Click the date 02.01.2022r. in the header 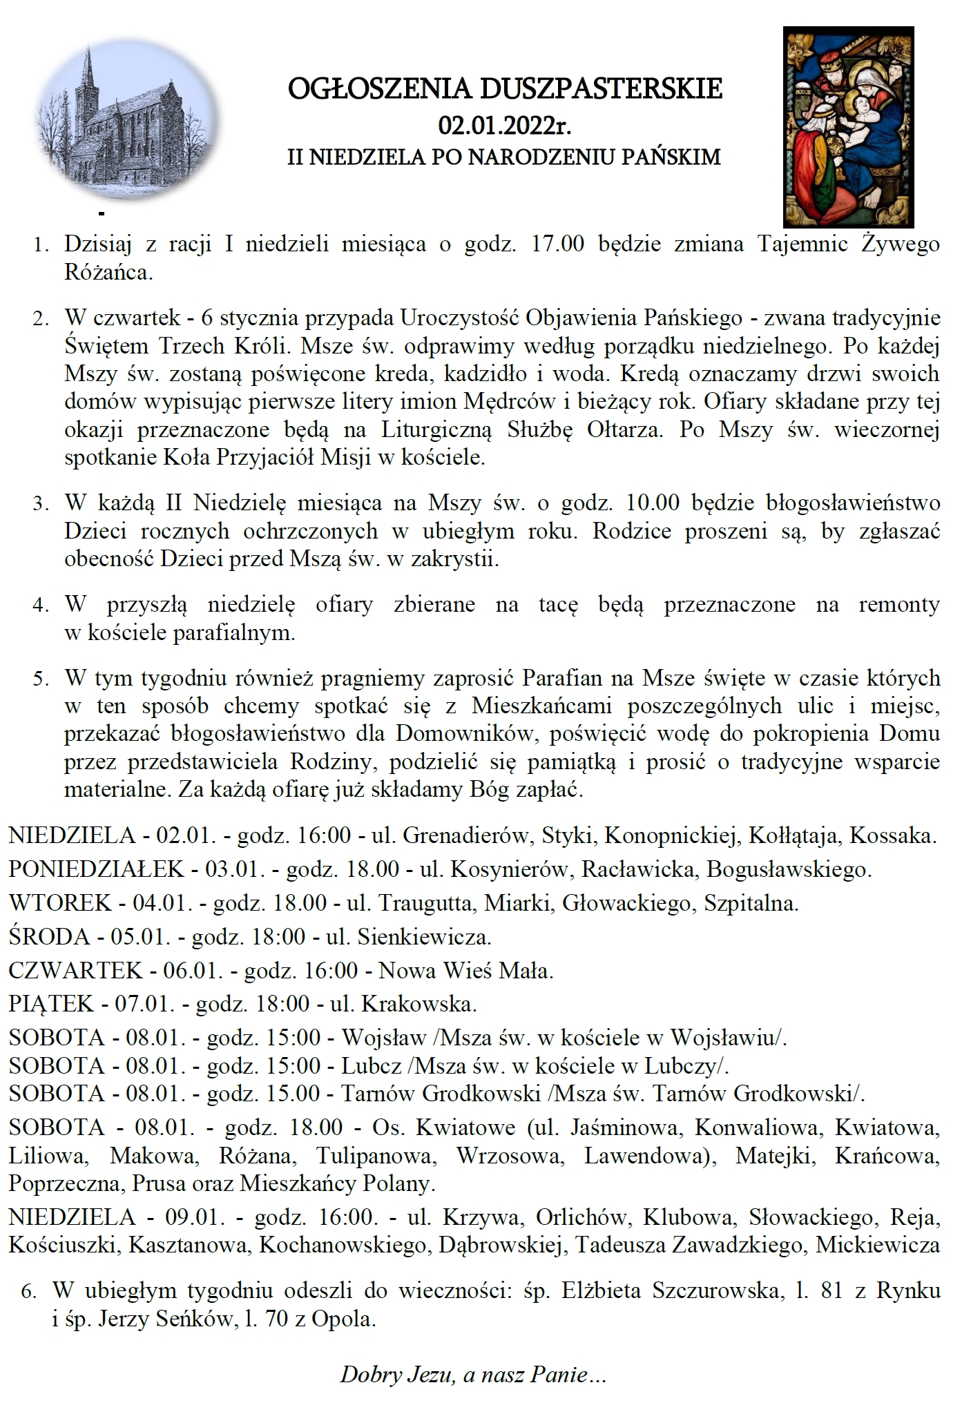(505, 126)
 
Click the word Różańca (108, 273)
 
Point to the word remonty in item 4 (898, 604)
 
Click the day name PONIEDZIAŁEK (96, 868)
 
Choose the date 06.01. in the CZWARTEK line (193, 971)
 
